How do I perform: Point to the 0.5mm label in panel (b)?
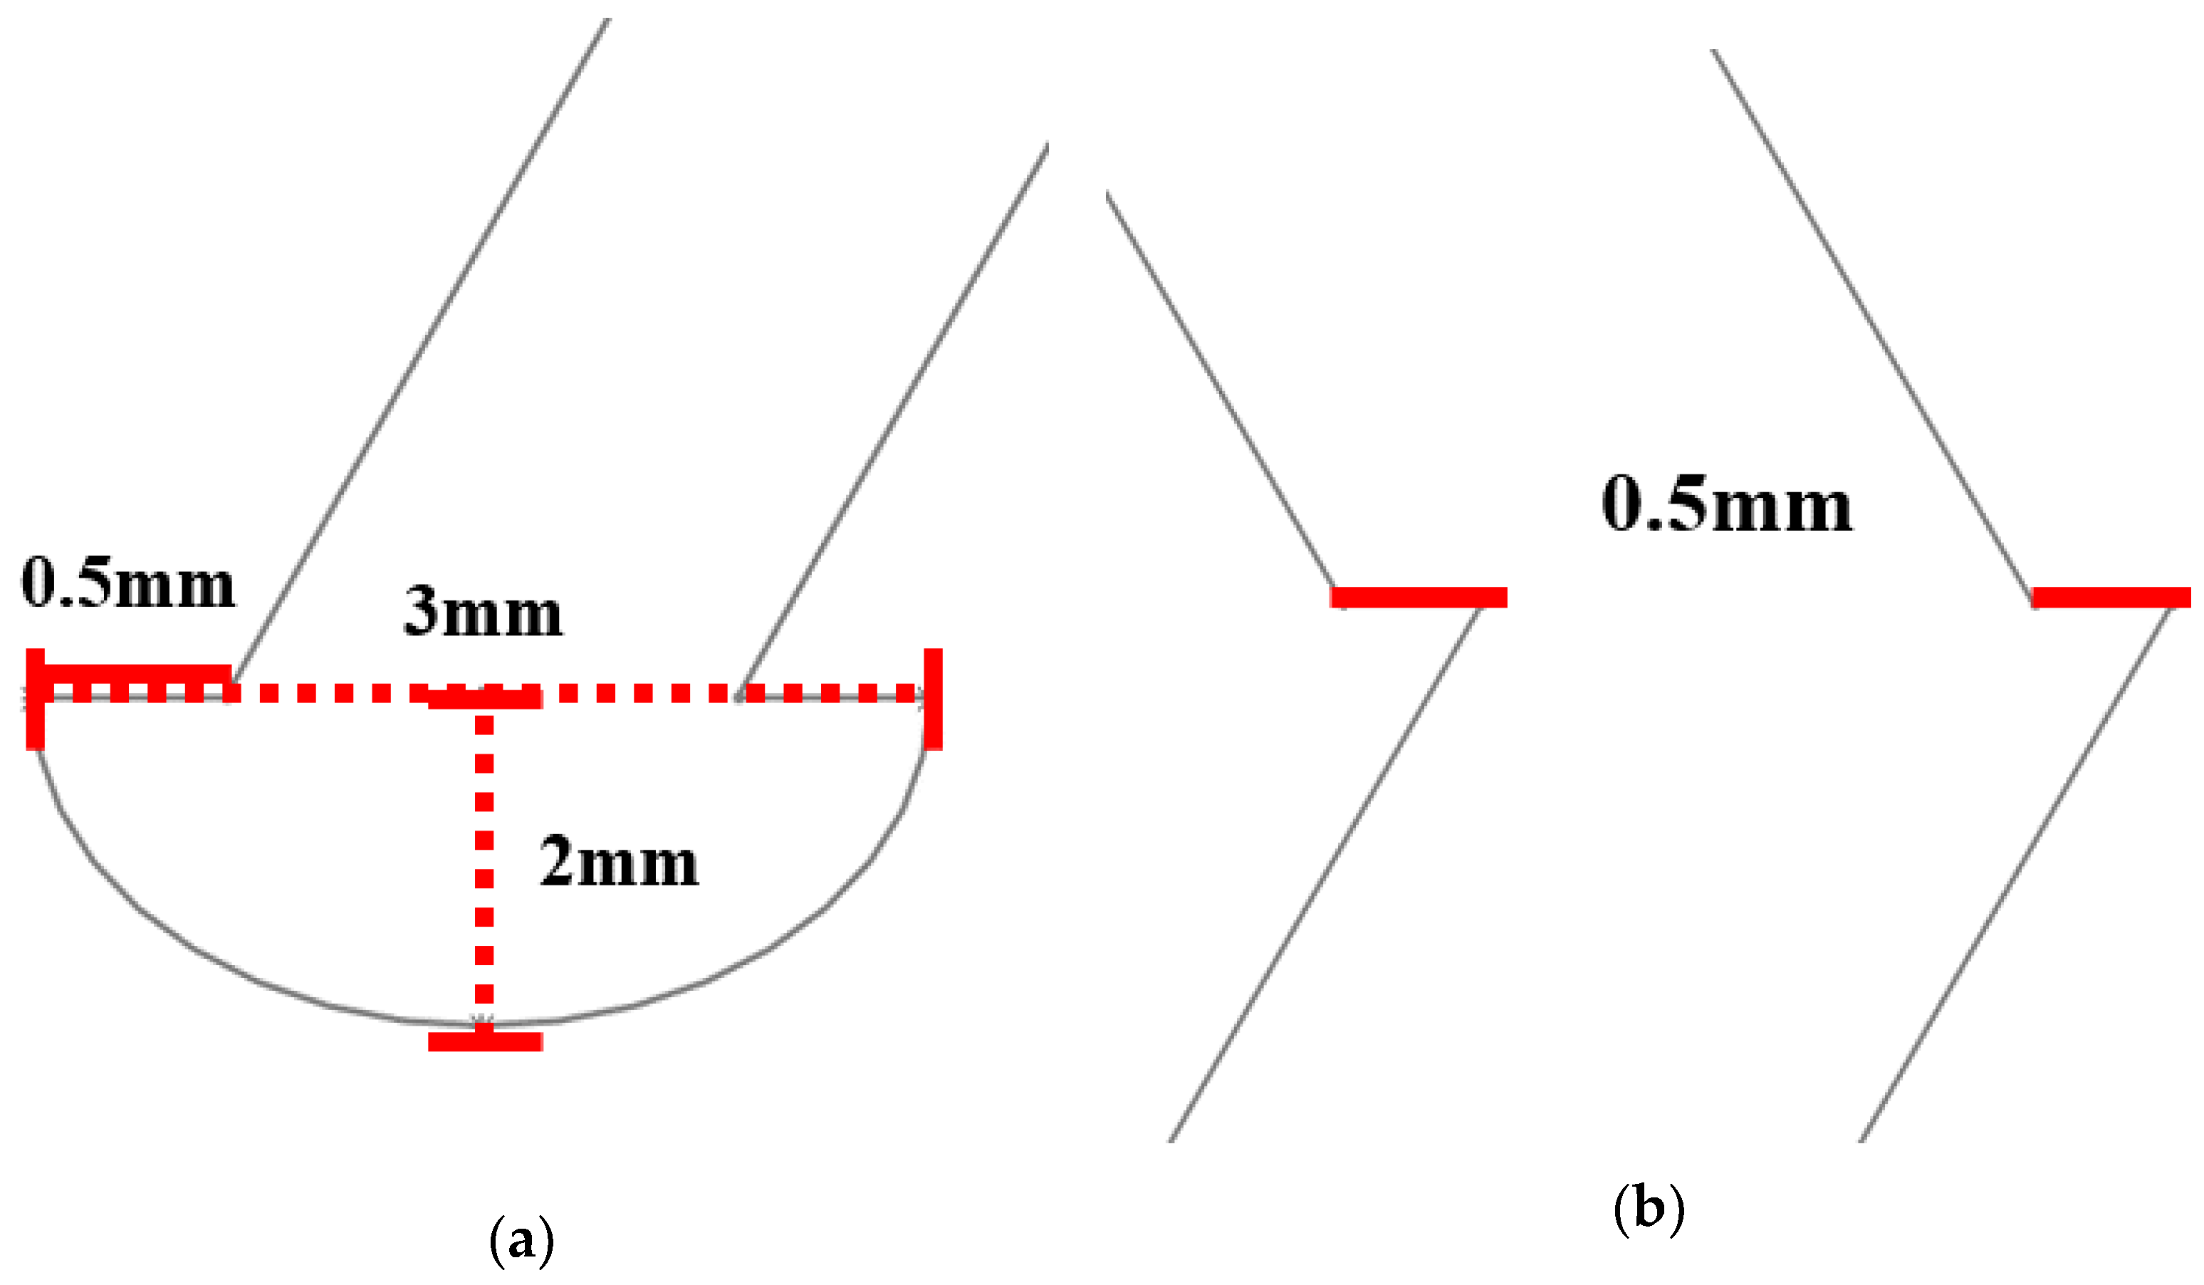(x=1726, y=505)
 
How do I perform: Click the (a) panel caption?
(x=521, y=1240)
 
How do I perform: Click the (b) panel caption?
(x=1649, y=1209)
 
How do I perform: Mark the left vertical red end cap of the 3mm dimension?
(x=35, y=699)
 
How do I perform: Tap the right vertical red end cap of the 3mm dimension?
(x=933, y=699)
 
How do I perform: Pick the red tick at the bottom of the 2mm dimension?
(x=486, y=1041)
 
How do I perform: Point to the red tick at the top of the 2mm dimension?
(x=486, y=699)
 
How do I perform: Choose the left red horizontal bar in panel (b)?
(x=1418, y=598)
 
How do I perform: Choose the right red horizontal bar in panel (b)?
(x=2111, y=598)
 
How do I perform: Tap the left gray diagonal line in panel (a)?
(x=420, y=350)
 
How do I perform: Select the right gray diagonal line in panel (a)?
(x=892, y=420)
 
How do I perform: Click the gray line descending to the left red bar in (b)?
(x=1220, y=389)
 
